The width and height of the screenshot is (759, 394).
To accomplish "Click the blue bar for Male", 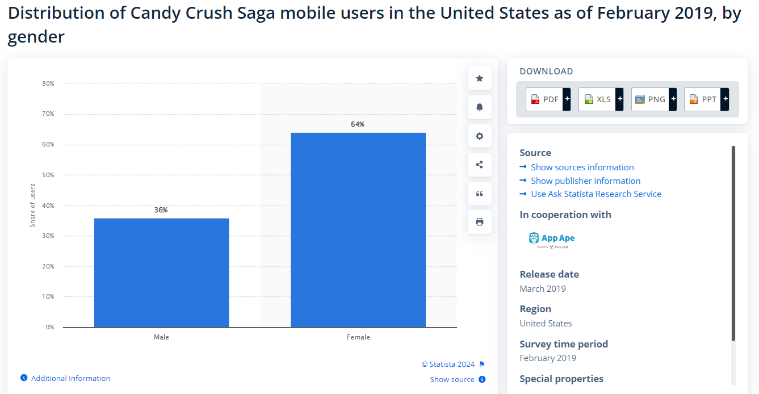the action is point(161,273).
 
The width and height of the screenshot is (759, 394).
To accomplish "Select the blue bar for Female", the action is point(358,230).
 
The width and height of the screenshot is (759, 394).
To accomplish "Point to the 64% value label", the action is point(358,124).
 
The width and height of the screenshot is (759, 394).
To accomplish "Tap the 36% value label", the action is point(161,210).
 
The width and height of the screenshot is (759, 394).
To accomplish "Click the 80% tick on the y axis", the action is point(48,83).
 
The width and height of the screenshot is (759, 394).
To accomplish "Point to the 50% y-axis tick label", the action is point(48,175).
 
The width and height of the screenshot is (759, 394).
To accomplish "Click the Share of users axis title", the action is point(32,206).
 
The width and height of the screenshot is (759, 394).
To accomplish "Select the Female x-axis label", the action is point(358,337).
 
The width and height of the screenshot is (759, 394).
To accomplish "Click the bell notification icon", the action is point(480,107).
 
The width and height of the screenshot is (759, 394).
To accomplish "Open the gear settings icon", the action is point(480,136).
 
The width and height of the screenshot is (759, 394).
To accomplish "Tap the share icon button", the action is point(480,165).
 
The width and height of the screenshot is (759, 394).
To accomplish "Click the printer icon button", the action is point(480,222).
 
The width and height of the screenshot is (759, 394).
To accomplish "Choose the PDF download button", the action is point(548,99).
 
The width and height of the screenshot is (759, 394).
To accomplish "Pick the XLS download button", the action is point(601,99).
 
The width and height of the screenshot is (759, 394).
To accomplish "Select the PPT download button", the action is point(706,99).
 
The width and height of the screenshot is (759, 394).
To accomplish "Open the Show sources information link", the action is point(582,167).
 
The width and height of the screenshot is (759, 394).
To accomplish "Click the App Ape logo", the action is point(552,240).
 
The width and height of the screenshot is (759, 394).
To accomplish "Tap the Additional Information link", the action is point(70,379).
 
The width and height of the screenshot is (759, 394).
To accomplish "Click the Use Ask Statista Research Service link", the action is point(596,194).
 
